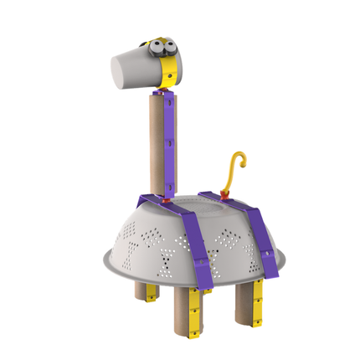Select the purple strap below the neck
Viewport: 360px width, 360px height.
tap(198, 243)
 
